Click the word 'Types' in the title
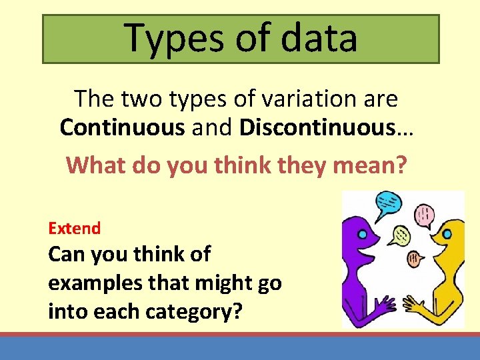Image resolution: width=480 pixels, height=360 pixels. (167, 37)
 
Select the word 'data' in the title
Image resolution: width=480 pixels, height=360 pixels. (319, 37)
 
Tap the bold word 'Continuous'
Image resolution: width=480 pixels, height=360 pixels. (122, 127)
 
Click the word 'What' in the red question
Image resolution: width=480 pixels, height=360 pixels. (96, 165)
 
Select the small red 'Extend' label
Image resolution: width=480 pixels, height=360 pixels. (74, 228)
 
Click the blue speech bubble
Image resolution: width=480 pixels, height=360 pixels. (388, 203)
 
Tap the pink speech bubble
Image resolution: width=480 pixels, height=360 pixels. (424, 215)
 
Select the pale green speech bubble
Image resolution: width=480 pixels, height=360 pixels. (401, 234)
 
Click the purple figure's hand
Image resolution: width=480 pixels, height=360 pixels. (385, 306)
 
